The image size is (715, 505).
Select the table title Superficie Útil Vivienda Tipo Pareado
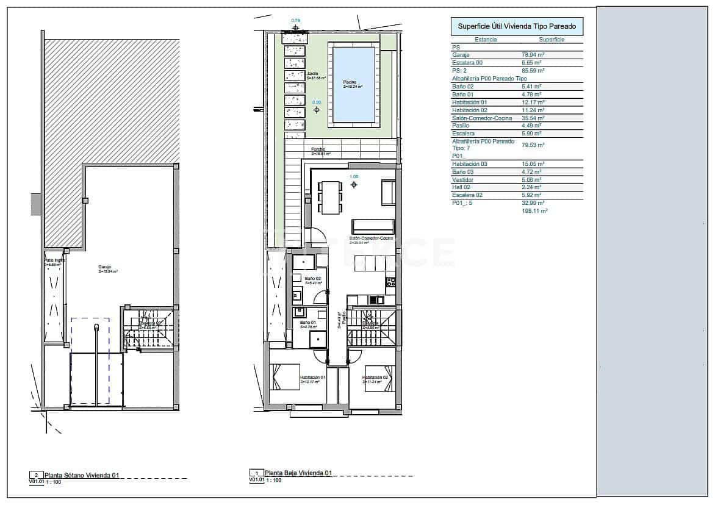point(516,26)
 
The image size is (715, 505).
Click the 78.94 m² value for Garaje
point(533,55)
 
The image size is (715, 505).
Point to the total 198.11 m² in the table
point(534,210)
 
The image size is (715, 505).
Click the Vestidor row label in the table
point(463,180)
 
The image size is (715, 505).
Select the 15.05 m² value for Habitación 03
point(533,164)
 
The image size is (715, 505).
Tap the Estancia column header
point(486,40)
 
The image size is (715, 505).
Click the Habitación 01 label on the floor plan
point(313,378)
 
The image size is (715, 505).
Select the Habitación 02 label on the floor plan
point(376,378)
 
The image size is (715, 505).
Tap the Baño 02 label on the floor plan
point(313,278)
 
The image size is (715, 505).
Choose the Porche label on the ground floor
point(318,149)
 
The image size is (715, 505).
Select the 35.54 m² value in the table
point(533,118)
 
